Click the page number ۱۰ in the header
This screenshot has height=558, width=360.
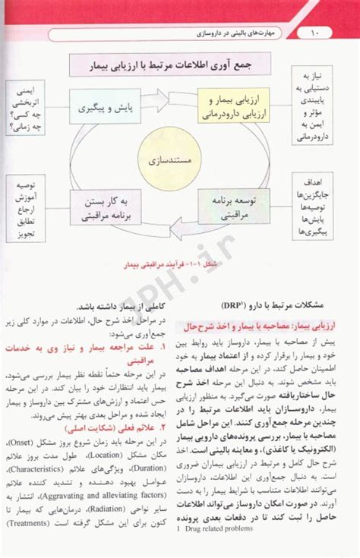coord(317,34)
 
